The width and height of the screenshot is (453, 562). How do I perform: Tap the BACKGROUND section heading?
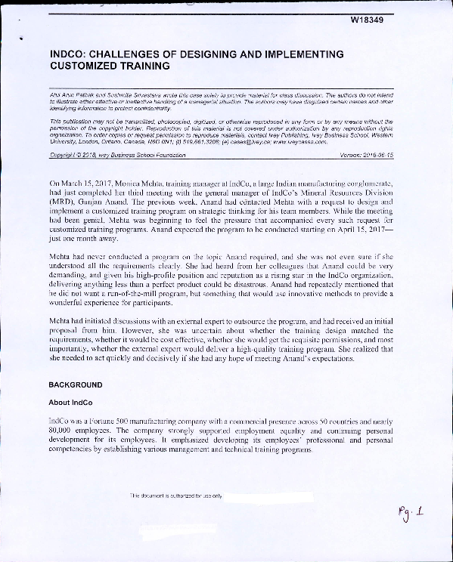tap(75, 384)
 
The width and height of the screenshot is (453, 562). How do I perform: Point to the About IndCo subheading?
tap(70, 402)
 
